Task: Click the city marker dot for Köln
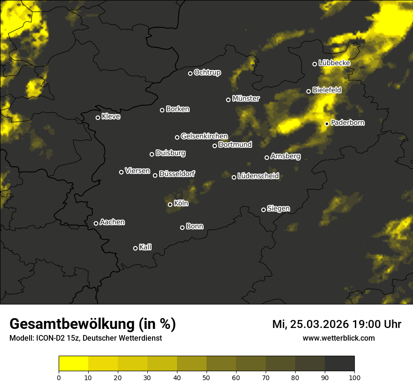coord(170,204)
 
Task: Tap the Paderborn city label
coord(347,123)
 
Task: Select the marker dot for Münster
coord(229,100)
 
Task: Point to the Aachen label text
coord(112,222)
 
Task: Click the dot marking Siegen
coord(263,210)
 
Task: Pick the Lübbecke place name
coord(334,63)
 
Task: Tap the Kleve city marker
coord(98,117)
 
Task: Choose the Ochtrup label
coord(207,72)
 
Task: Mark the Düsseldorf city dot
coord(155,175)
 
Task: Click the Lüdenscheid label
coord(258,176)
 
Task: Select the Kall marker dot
coord(135,248)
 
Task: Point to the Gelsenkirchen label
coord(204,136)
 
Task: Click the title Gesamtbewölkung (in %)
coord(92,324)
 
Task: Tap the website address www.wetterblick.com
coord(338,338)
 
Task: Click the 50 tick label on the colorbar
coord(206,377)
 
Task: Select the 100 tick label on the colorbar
coord(354,377)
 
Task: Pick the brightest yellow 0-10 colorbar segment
coord(73,364)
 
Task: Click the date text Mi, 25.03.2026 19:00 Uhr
coord(337,324)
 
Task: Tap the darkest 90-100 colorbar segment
coord(339,364)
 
